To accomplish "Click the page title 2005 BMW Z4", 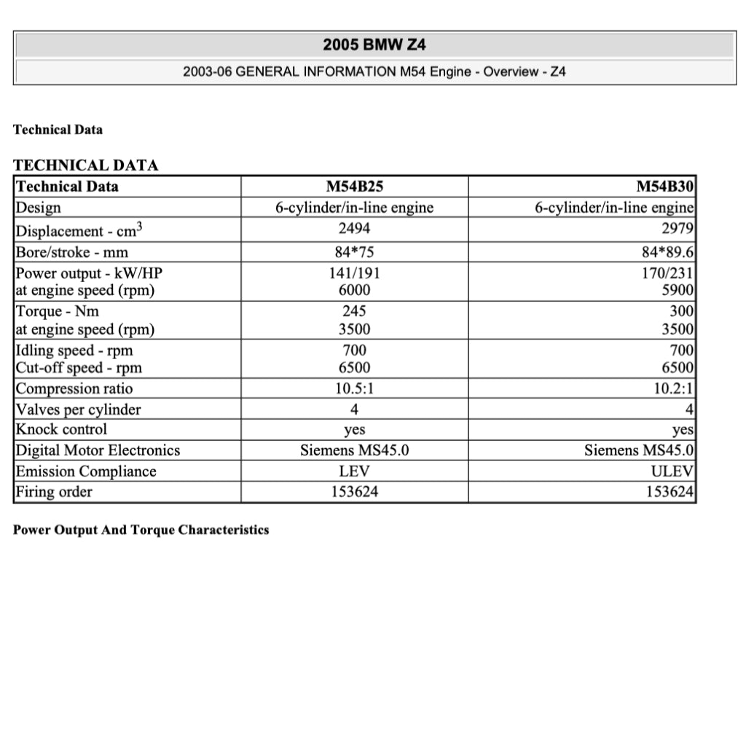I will pos(374,45).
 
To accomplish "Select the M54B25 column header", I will pos(354,186).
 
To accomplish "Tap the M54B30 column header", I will pos(665,186).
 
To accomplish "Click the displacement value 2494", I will pos(354,229).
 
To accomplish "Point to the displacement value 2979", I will pos(677,229).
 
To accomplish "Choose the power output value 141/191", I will pos(354,274).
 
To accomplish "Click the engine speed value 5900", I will pos(677,291).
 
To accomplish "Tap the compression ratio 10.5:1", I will pos(354,388).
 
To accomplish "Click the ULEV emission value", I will pos(674,471).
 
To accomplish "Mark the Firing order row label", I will pos(54,492).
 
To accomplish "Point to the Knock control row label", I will pos(61,430).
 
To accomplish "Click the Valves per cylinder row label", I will pos(78,409).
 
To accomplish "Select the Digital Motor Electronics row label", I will pos(98,451).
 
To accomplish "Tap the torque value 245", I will pos(354,312).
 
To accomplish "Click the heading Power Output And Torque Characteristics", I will pos(141,530).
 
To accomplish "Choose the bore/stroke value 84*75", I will pos(354,253).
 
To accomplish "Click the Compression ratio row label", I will pos(74,388).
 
